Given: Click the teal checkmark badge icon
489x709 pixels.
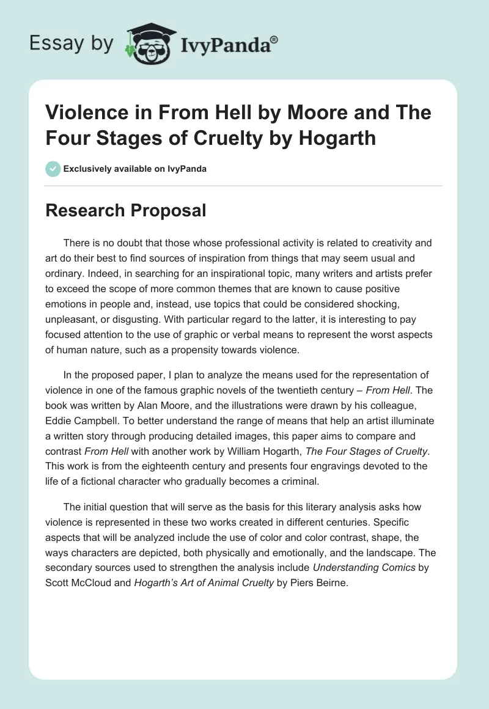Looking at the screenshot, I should (x=53, y=169).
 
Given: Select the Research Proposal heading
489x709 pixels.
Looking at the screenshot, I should (x=126, y=211).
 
